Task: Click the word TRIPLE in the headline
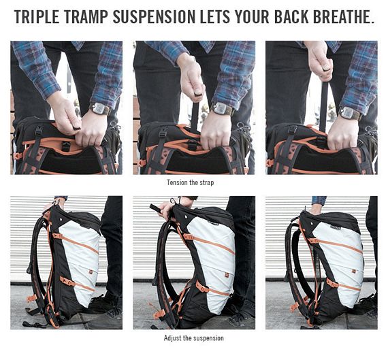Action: [37, 17]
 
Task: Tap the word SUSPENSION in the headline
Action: [154, 17]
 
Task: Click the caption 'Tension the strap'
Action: [191, 182]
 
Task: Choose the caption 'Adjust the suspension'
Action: [194, 338]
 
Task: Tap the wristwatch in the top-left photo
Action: [99, 109]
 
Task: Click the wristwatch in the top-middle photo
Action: [222, 109]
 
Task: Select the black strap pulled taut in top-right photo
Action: [323, 106]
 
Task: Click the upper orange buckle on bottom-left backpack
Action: [56, 235]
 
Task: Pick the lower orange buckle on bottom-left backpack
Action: [67, 281]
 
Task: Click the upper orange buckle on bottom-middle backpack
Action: [189, 237]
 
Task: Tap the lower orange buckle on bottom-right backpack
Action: [332, 283]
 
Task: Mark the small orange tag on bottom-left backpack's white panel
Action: [91, 272]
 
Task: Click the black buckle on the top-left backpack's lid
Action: [39, 131]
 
